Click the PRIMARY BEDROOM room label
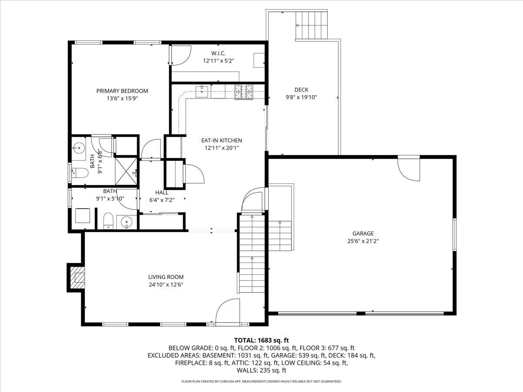122,91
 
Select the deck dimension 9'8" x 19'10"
301,98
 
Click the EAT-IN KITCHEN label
221,140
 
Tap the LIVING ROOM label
166,277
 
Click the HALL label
162,193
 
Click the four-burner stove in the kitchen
244,91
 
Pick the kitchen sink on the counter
202,91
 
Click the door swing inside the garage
408,170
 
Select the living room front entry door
228,312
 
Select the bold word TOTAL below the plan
245,340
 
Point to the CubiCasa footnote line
261,382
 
